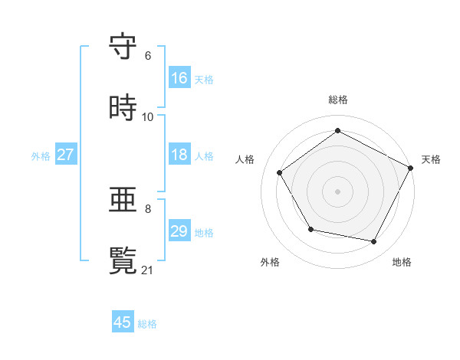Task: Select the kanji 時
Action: pos(123,107)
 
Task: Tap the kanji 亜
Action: pos(123,200)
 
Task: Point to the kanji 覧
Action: pos(123,260)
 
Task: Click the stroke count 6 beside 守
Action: pos(148,56)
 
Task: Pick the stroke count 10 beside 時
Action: pos(148,117)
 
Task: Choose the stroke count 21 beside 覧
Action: pos(148,270)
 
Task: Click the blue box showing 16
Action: pos(179,78)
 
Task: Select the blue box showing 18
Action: pos(179,155)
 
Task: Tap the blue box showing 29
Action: pos(179,231)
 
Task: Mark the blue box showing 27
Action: pos(66,155)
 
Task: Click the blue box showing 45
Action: pos(123,322)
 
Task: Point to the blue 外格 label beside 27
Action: pos(41,155)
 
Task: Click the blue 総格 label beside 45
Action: pos(147,324)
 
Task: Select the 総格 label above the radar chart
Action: pos(338,100)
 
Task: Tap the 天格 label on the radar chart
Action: pos(431,159)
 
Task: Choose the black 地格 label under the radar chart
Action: pos(402,262)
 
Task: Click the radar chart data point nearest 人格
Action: pos(280,172)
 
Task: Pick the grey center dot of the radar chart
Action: pos(337,191)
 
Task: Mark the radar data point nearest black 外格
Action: pos(310,229)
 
